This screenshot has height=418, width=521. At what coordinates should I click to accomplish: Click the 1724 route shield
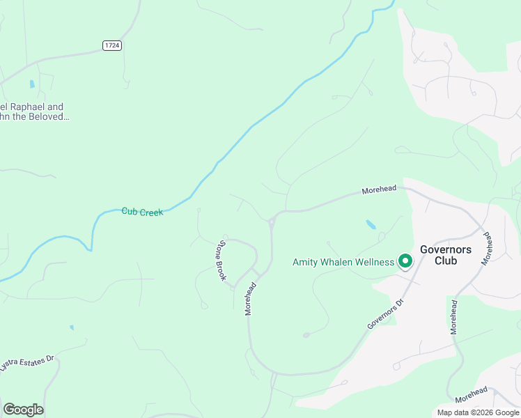pyautogui.click(x=112, y=45)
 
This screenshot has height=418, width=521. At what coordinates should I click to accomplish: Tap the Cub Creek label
pyautogui.click(x=142, y=212)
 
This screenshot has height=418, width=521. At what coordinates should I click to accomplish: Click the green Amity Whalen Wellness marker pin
pyautogui.click(x=405, y=262)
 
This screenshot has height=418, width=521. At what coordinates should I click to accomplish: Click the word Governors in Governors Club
pyautogui.click(x=446, y=249)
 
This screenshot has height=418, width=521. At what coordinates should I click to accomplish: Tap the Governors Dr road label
pyautogui.click(x=385, y=315)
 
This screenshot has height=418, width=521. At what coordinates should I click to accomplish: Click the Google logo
pyautogui.click(x=23, y=410)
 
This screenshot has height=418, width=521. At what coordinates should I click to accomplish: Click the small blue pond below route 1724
pyautogui.click(x=32, y=84)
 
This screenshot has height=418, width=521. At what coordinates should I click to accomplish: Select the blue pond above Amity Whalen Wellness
pyautogui.click(x=371, y=225)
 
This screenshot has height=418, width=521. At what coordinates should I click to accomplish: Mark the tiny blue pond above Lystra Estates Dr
pyautogui.click(x=71, y=327)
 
